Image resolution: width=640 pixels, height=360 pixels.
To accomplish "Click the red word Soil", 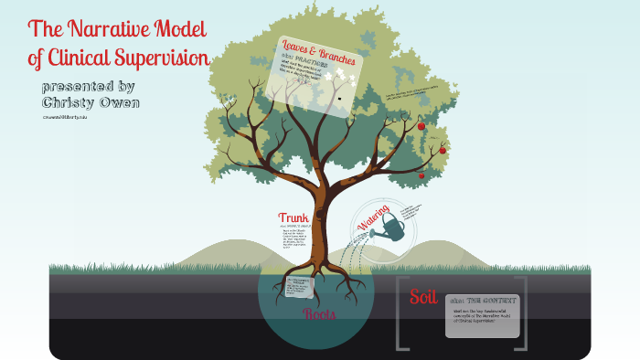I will tap(423, 296).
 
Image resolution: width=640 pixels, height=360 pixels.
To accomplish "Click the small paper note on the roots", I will tap(298, 286).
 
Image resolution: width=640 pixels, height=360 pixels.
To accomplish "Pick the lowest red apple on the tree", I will tap(421, 175).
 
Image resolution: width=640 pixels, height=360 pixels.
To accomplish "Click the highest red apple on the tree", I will tap(421, 126).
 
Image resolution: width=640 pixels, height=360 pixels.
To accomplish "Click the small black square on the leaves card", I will tap(340, 97).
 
